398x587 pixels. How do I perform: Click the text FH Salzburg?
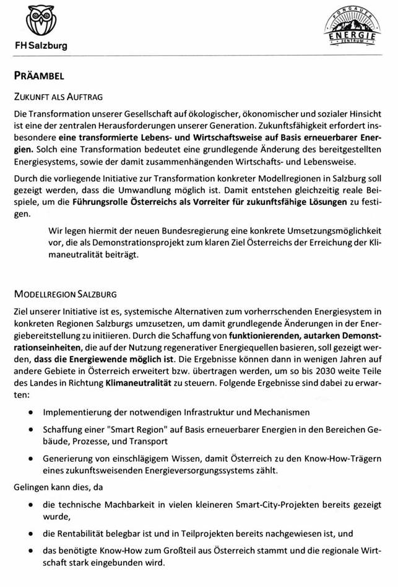[41, 46]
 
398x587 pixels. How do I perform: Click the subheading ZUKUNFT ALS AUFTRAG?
[58, 97]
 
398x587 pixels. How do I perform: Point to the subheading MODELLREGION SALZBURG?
[65, 293]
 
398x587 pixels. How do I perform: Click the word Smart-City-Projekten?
[269, 505]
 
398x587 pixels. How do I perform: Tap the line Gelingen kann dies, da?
[59, 487]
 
